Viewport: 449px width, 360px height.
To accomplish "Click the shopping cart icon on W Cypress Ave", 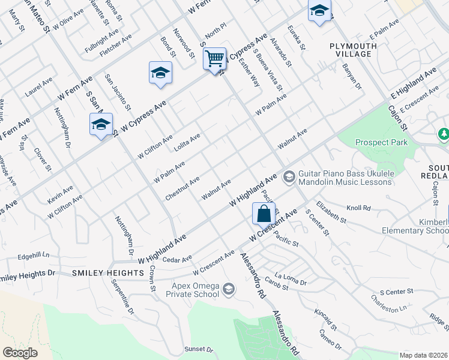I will [x=214, y=59].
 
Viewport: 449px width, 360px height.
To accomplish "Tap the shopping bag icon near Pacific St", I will [x=264, y=213].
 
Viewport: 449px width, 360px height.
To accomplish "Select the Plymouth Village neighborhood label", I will [x=354, y=50].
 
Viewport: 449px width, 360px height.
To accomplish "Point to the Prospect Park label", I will [x=381, y=142].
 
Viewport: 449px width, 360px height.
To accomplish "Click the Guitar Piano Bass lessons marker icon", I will [x=289, y=176].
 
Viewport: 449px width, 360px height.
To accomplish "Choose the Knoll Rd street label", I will [x=359, y=208].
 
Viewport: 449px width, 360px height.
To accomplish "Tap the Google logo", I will [x=20, y=353].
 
